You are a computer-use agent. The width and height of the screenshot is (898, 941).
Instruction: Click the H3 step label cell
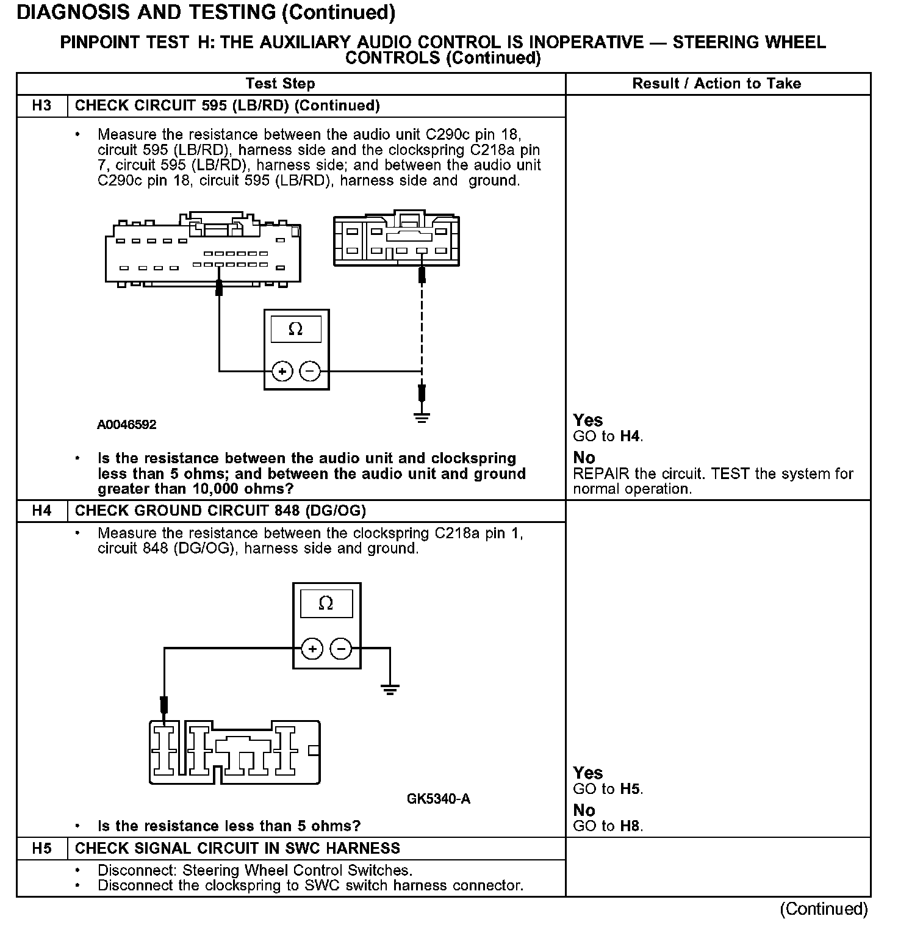(x=41, y=106)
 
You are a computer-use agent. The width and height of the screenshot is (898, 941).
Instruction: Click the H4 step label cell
(x=41, y=510)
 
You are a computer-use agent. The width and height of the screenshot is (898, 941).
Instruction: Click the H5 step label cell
(x=41, y=848)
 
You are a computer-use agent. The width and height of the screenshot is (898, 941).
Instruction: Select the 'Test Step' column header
(x=280, y=84)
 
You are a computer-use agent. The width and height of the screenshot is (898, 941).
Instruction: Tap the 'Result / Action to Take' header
(x=716, y=84)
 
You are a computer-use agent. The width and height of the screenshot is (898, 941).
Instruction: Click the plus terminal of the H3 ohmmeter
(x=282, y=370)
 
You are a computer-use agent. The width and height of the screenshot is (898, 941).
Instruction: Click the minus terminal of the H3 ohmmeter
(x=311, y=370)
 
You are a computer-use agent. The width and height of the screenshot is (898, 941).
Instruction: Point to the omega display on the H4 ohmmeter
(x=326, y=604)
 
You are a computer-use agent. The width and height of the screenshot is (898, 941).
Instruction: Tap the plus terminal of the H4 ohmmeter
(x=312, y=649)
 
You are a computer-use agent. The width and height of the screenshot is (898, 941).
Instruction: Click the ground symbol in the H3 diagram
(x=422, y=417)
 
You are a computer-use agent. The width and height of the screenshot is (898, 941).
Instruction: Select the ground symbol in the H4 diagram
(x=390, y=690)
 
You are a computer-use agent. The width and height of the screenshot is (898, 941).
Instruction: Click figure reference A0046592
(x=127, y=425)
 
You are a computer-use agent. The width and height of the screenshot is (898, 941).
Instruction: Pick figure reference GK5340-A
(x=439, y=799)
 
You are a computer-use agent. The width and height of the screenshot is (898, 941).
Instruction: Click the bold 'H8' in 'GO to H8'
(x=631, y=826)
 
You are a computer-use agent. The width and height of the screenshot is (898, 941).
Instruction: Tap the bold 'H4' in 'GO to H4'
(x=631, y=436)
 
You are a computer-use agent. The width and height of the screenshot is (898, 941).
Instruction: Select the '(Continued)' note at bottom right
(x=824, y=909)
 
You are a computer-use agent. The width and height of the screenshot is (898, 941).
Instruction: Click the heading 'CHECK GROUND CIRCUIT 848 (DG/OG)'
(x=220, y=510)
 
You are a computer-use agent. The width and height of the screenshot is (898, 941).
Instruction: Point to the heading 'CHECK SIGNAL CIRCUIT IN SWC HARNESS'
(x=237, y=848)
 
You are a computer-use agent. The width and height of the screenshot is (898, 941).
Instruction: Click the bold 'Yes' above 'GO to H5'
(x=588, y=773)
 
